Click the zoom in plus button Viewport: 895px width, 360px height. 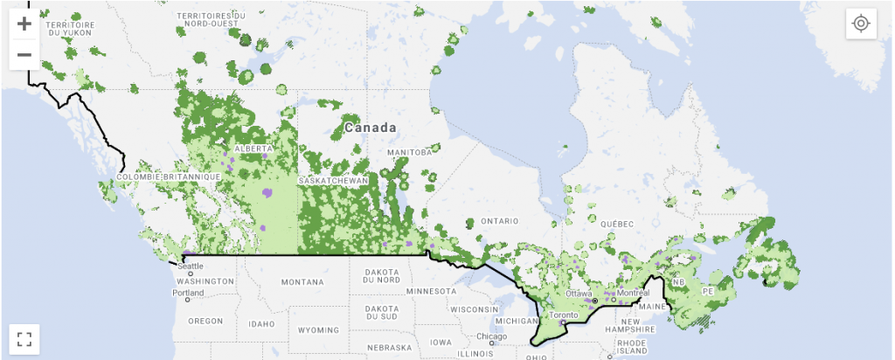[x=24, y=24]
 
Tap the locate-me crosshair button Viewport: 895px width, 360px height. [x=861, y=24]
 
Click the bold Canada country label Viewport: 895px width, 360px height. [x=371, y=128]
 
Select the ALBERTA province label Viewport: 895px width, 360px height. [x=254, y=149]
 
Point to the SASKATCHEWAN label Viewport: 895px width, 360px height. [x=333, y=181]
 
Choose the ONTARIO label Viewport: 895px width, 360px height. [x=500, y=221]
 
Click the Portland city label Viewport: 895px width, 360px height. [x=188, y=293]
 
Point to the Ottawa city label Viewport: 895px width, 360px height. [x=579, y=294]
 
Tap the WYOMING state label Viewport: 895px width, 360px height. [x=318, y=331]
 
